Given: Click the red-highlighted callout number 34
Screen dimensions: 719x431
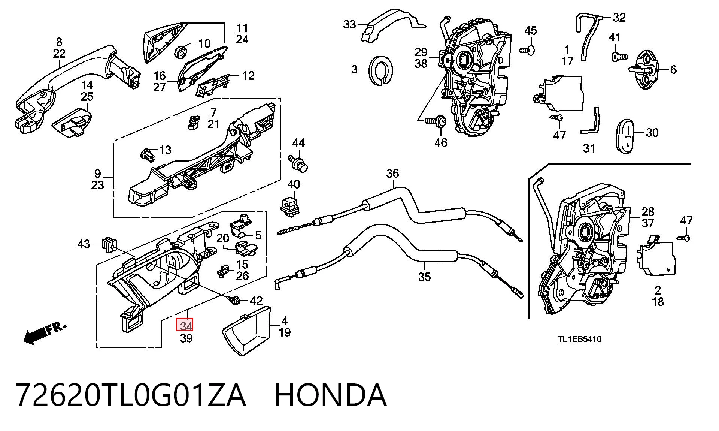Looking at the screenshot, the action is click(185, 325).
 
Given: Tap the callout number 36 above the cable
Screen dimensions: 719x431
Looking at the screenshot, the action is click(392, 174).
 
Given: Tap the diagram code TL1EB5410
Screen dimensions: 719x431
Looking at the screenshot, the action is click(580, 339).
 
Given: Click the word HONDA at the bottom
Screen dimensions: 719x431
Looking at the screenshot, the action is click(330, 395).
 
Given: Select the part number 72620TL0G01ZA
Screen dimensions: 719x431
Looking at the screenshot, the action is click(131, 395).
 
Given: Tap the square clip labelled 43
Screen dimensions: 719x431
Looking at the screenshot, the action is click(108, 244).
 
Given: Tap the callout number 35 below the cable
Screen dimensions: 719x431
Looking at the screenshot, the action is click(425, 277).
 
